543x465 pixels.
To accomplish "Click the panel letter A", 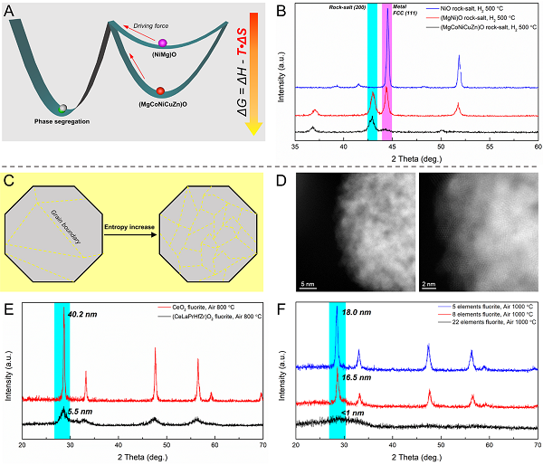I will (x=11, y=12).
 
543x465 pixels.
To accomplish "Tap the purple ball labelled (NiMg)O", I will (x=163, y=43).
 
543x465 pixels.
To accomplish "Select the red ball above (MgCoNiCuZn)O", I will (x=160, y=90).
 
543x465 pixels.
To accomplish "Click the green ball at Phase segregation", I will (x=62, y=109).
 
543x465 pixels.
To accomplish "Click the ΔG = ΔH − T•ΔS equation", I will (x=242, y=77).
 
